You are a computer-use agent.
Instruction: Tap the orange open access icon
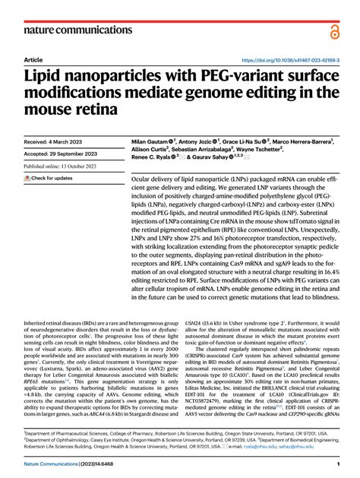(336, 30)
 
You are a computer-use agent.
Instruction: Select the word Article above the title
(33, 59)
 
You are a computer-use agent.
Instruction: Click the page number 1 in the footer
(336, 464)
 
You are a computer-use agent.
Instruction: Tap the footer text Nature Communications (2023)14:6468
(71, 464)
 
